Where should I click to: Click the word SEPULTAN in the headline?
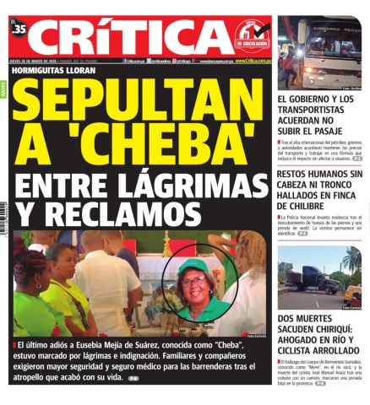[139, 105]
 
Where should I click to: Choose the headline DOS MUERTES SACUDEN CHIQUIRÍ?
[319, 335]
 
